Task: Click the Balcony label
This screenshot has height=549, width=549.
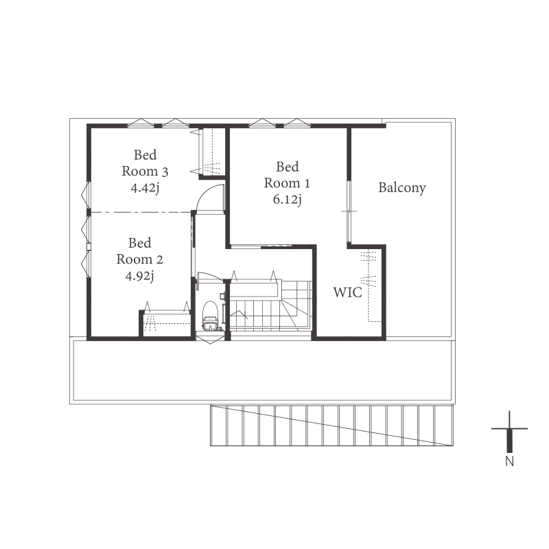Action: [x=402, y=187]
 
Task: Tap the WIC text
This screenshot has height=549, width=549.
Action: [x=347, y=292]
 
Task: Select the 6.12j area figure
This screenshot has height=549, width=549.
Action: [x=287, y=200]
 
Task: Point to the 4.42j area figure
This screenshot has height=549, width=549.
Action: [x=145, y=188]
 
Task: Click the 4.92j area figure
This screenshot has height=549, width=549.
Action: [x=139, y=276]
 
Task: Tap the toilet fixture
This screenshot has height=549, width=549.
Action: [x=211, y=316]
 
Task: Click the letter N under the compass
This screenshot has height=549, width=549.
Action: [x=509, y=461]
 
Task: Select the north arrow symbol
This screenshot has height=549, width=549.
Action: [x=509, y=432]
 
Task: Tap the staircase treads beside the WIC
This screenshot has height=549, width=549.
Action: [x=270, y=305]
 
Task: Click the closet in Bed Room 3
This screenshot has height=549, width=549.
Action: [x=212, y=152]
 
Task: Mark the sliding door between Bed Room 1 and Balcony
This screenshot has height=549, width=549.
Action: [x=349, y=211]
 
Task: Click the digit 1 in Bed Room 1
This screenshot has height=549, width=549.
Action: [x=307, y=183]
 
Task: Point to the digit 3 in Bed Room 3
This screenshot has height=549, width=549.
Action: [x=165, y=172]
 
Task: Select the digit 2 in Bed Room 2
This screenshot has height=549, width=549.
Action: [x=159, y=259]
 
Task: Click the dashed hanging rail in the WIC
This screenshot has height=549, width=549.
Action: [x=369, y=285]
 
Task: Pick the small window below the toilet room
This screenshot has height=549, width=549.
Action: [x=210, y=338]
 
